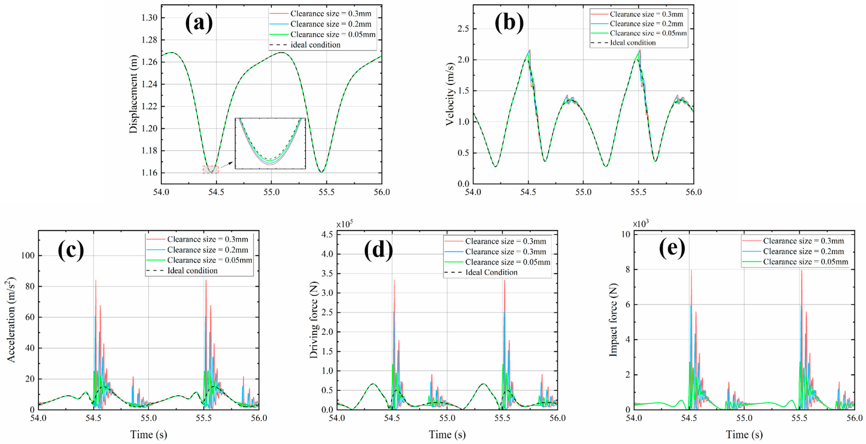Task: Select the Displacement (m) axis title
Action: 133,94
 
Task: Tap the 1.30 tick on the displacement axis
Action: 149,18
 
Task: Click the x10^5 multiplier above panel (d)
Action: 345,224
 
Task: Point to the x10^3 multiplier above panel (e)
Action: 641,224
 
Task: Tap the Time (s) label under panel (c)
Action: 149,434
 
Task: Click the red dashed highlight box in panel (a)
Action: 211,170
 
